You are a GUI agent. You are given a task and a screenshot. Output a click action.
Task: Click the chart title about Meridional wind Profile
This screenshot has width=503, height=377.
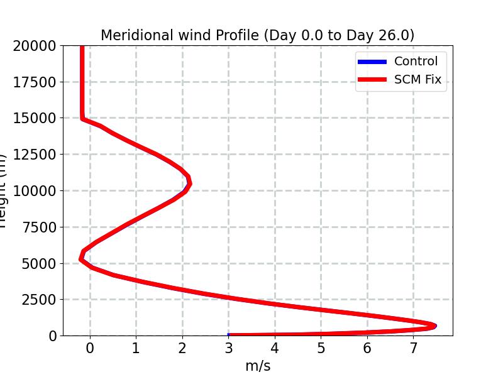coord(257,35)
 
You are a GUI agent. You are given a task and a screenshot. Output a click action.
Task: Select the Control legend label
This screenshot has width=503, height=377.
coord(416,62)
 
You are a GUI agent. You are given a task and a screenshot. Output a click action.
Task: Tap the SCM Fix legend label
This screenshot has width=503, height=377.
coord(418,80)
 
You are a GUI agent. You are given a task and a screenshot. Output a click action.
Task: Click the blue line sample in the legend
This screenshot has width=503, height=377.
coord(372,62)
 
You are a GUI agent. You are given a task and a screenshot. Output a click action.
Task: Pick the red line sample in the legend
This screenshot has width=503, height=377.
coord(372,80)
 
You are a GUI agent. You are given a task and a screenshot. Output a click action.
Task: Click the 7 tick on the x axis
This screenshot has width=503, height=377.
coord(413,348)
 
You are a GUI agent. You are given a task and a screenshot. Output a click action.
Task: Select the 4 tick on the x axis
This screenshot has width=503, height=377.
coord(275,348)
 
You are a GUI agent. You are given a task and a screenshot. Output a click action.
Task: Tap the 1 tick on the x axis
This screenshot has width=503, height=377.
coord(136,348)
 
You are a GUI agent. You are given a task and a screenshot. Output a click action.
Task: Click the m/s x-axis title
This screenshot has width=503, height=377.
coord(257,366)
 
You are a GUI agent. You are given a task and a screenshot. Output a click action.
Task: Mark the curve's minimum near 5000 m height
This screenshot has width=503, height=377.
coord(81,258)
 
